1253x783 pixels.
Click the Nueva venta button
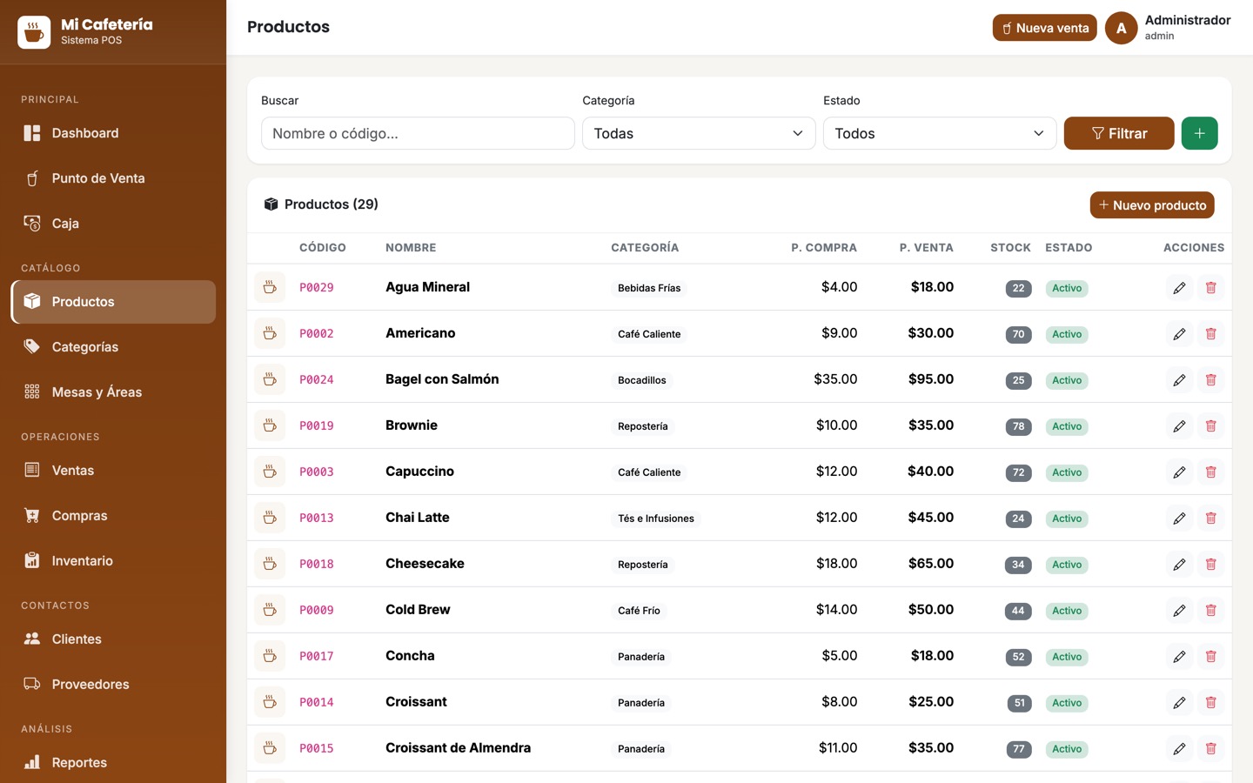(1044, 28)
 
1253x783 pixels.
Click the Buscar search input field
(418, 133)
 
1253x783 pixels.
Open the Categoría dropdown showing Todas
(699, 133)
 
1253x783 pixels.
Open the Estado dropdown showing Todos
(940, 133)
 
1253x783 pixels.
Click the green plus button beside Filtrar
(1199, 133)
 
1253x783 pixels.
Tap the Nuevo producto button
(1152, 205)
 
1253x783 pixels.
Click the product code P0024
(317, 379)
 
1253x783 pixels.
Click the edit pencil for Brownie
(1179, 426)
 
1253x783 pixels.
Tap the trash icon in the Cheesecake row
(1210, 565)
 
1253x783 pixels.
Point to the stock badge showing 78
(1018, 426)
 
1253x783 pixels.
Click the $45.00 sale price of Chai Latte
(931, 518)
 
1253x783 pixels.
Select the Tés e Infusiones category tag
(655, 519)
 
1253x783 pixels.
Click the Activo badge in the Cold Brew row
(1067, 611)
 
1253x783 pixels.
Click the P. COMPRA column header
(823, 248)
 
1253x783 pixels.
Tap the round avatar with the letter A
(1121, 28)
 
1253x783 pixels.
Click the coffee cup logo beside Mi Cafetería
(34, 32)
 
